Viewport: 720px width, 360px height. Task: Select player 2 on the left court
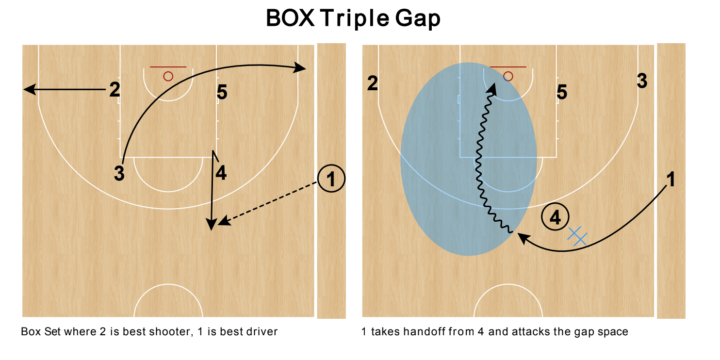point(116,90)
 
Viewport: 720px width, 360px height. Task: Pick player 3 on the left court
point(119,172)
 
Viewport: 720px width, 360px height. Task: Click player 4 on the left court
point(221,172)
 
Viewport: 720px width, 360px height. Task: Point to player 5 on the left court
point(222,93)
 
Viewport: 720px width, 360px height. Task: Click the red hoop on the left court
point(168,75)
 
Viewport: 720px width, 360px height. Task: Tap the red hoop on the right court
point(510,75)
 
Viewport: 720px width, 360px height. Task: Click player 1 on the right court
point(671,180)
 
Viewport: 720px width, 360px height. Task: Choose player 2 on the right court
point(372,83)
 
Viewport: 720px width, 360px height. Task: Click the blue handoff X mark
point(577,235)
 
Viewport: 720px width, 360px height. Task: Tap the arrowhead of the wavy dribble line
point(492,89)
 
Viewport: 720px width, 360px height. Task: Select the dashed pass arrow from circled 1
point(270,205)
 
